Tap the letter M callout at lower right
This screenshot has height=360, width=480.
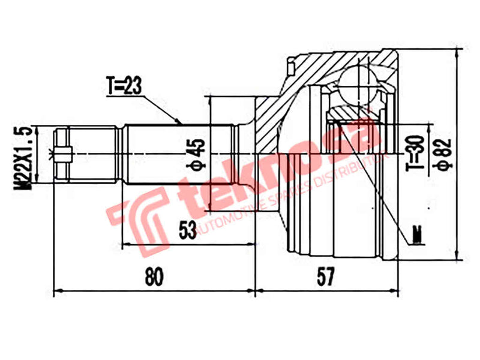[x=418, y=234]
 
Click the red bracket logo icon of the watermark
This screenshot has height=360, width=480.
[x=137, y=217]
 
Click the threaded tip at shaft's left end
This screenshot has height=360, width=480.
[x=63, y=154]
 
